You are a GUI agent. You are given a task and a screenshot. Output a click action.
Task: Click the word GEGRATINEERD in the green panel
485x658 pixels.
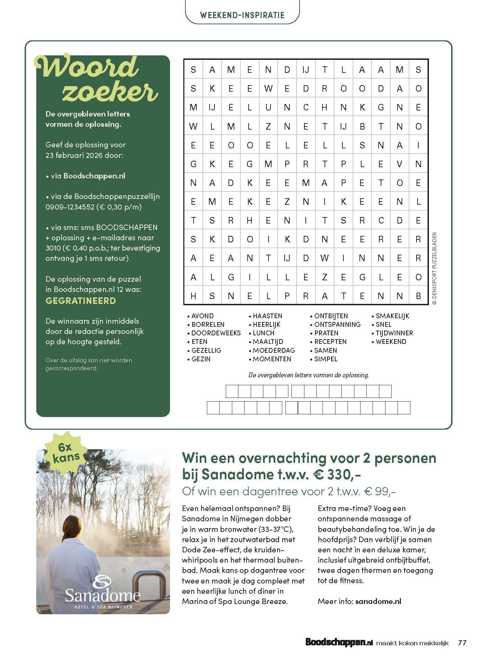(x=81, y=301)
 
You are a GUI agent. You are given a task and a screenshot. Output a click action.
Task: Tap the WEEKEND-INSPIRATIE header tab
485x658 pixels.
(x=242, y=15)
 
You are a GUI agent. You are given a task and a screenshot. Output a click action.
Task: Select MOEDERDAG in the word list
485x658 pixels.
(x=274, y=350)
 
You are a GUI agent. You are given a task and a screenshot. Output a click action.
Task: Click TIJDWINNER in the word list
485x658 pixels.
(x=394, y=333)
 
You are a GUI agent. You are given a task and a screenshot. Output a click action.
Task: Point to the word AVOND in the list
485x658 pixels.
(x=202, y=316)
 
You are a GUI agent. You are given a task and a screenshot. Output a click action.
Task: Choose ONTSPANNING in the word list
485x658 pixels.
(x=337, y=324)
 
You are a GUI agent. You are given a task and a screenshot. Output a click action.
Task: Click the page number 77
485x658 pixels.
(x=462, y=643)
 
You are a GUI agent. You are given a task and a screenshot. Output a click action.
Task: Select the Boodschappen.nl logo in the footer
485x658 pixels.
(x=339, y=643)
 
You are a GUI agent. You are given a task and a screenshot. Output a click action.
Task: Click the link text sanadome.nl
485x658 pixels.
(x=378, y=601)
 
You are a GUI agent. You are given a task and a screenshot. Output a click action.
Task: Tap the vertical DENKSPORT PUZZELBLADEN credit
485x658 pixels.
(x=434, y=268)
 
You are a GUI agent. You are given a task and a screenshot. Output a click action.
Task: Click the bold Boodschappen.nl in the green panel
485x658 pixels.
(x=94, y=176)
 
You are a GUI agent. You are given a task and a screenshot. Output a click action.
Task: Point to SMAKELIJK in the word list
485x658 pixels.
(x=392, y=316)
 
